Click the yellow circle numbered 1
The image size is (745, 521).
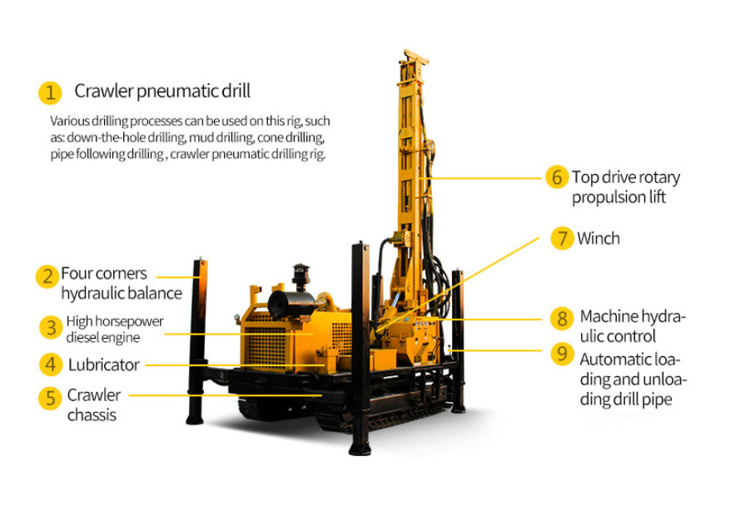tap(50, 92)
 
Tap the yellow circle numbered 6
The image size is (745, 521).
tap(557, 177)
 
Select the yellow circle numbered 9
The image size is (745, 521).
tap(562, 354)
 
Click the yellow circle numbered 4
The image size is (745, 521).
tap(51, 365)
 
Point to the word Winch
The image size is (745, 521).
tap(598, 238)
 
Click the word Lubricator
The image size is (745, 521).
tap(103, 365)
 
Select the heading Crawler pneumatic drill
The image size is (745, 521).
tap(162, 91)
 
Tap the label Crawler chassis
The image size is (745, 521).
tap(94, 404)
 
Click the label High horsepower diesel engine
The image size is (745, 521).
tap(115, 329)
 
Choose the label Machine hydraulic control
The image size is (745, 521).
tap(633, 325)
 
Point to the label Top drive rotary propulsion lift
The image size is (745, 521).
tap(626, 186)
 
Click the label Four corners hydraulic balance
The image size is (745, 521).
tap(122, 283)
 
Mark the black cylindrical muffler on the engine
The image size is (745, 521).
tap(291, 304)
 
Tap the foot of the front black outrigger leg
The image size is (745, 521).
tap(360, 449)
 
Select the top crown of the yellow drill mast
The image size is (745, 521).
tap(415, 57)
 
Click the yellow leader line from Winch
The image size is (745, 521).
tap(458, 282)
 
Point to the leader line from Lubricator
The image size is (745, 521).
tap(236, 365)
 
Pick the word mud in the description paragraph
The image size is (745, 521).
tap(197, 137)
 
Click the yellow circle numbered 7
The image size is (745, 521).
tap(562, 238)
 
